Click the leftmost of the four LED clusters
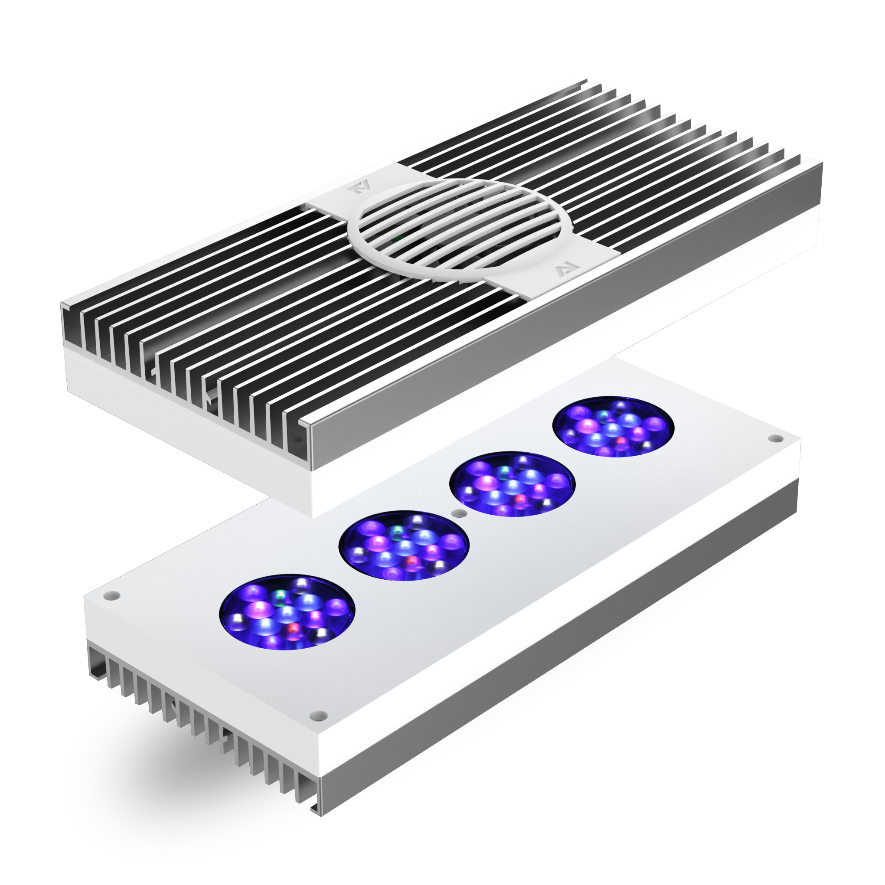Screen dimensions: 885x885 coord(287,612)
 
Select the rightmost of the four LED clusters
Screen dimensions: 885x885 coord(614,427)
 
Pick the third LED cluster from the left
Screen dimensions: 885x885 coord(512,485)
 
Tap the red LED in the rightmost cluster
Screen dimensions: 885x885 coord(621,441)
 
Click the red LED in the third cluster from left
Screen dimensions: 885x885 coord(520,499)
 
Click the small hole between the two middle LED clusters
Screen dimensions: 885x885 coord(456,513)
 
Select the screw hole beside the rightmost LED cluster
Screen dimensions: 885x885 coord(775,438)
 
